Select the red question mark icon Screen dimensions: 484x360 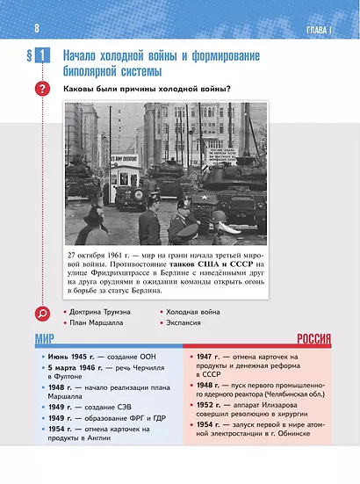pos(41,90)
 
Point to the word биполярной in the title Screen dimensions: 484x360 pos(94,70)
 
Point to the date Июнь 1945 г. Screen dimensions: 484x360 pos(70,358)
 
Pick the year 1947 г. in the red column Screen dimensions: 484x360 pos(209,358)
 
